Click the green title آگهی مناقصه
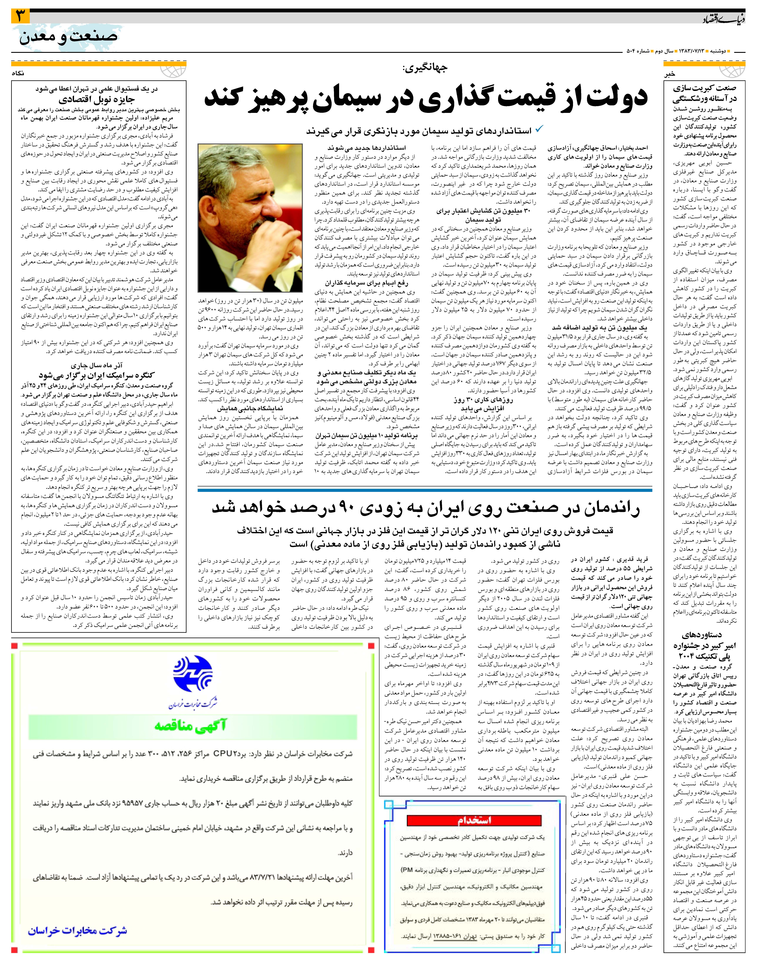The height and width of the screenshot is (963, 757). click(x=191, y=725)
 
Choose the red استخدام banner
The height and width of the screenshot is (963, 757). click(x=474, y=820)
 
